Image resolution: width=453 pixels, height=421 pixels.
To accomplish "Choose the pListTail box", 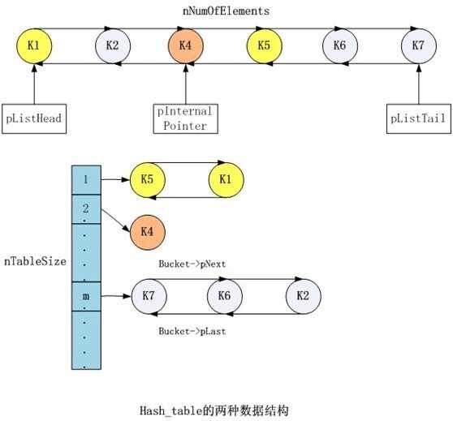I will (x=416, y=118).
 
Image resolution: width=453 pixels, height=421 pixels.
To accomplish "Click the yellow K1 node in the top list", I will (x=34, y=45).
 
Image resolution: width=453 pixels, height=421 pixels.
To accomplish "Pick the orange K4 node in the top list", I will (x=186, y=45).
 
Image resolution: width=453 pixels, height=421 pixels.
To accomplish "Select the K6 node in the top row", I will (x=339, y=45).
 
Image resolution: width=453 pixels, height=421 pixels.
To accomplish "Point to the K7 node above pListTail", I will (x=417, y=45).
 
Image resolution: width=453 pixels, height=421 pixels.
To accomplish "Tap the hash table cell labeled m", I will (x=85, y=297).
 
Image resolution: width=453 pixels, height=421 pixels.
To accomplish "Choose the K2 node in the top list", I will (x=112, y=45).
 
